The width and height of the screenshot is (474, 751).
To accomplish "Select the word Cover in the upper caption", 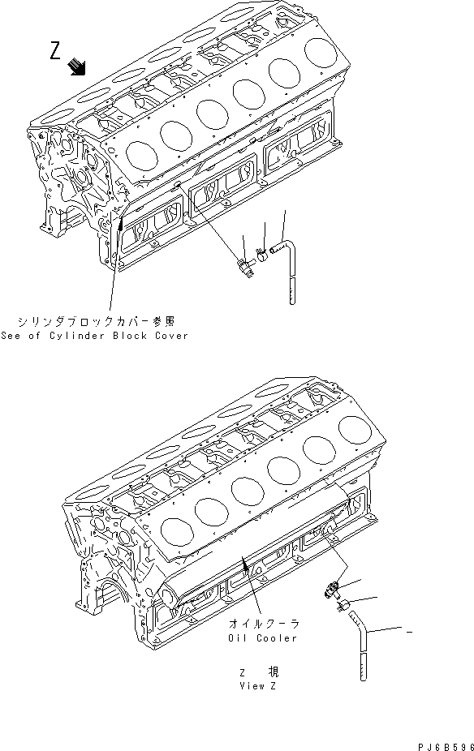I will point(170,335).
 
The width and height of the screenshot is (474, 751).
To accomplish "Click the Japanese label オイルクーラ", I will point(264,624).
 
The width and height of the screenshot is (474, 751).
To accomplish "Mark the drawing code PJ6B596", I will point(439,742).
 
